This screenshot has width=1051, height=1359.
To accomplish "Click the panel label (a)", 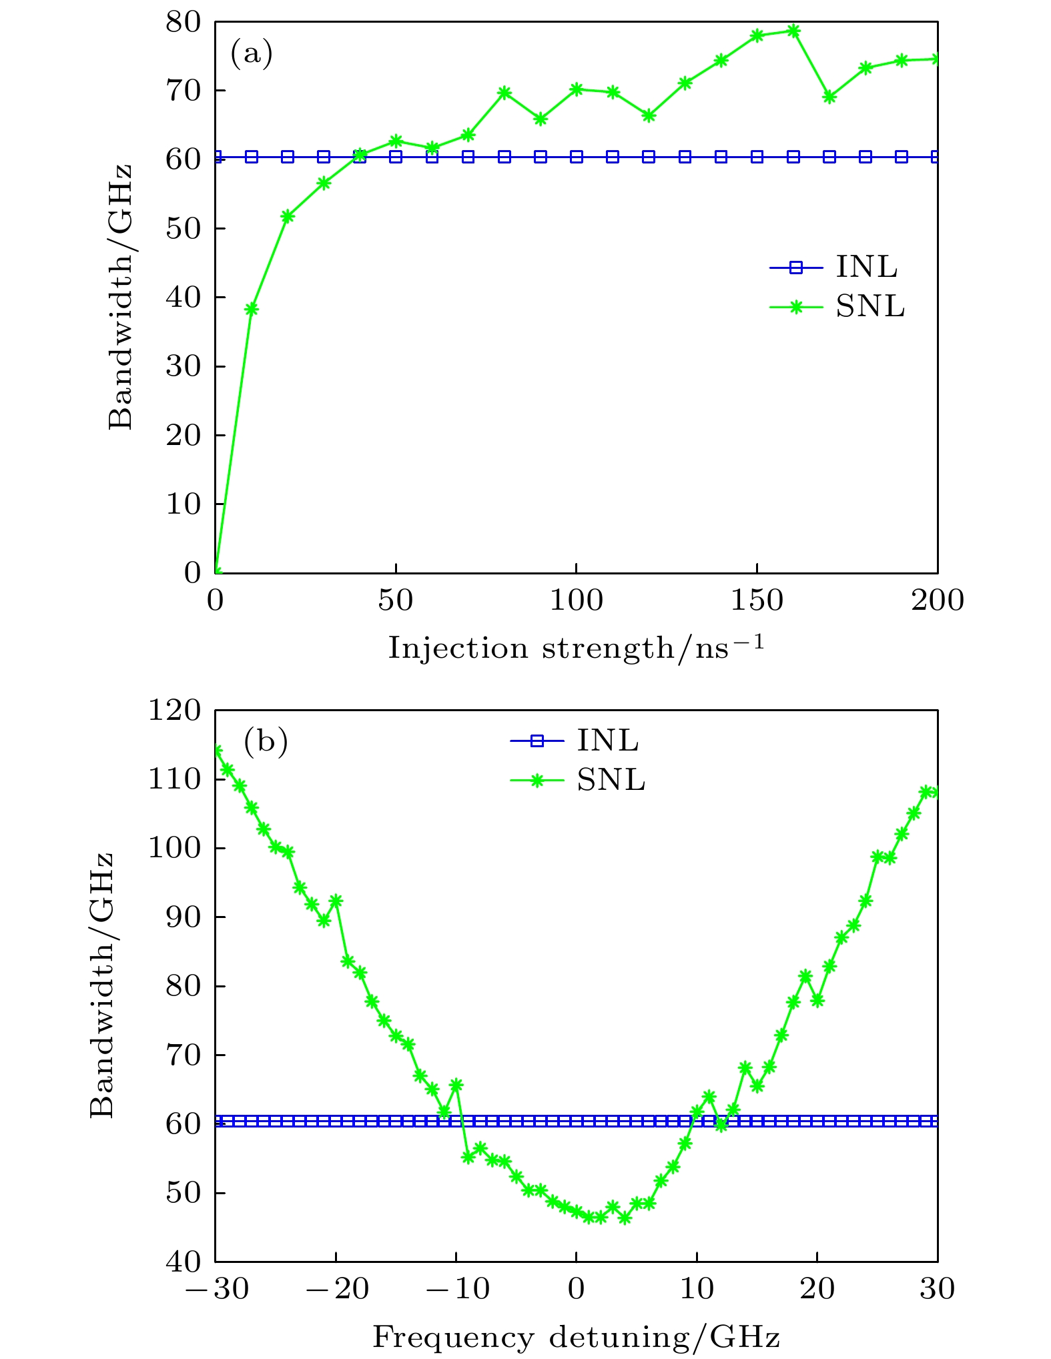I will tap(252, 54).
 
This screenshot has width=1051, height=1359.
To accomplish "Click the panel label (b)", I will tap(266, 741).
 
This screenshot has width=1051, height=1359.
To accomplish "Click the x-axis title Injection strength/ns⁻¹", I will tap(576, 647).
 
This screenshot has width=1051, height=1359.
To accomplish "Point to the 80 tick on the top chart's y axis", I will tap(183, 22).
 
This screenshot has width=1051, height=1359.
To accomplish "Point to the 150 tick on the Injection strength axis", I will tap(757, 601).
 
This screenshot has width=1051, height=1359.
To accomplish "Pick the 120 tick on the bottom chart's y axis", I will tap(174, 711).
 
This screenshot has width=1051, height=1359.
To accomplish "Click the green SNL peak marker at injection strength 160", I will tap(793, 31).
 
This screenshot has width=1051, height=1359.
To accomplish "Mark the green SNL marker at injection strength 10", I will tap(252, 308).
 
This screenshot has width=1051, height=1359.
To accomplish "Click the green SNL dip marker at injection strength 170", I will tap(829, 97).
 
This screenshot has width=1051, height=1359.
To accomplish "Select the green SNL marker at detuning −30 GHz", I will tap(216, 751).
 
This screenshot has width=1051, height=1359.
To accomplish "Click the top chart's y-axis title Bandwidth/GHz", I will tap(121, 297).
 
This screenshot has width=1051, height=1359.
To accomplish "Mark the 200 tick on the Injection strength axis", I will tap(937, 601).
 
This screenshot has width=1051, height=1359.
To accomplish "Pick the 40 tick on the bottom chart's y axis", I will tap(183, 1260).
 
